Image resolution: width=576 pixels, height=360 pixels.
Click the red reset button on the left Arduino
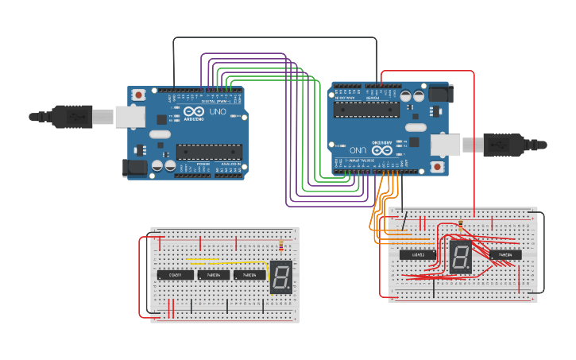point(139,95)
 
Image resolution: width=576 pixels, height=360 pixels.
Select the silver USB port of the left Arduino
point(127,118)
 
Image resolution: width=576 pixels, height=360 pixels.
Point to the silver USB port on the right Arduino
point(446,144)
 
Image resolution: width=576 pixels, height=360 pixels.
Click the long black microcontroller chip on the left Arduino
point(208,151)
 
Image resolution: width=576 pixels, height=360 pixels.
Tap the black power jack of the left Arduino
point(132,167)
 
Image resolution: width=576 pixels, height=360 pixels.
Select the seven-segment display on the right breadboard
point(459,257)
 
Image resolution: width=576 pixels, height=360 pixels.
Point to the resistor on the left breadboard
point(280,244)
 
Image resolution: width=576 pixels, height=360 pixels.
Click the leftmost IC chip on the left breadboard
point(175,275)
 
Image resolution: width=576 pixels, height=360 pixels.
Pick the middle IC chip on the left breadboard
point(214,275)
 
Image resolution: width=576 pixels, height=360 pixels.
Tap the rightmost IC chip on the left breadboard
point(249,275)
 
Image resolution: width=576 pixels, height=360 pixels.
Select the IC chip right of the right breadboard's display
point(505,255)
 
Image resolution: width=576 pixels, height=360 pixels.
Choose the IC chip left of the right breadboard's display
point(416,255)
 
